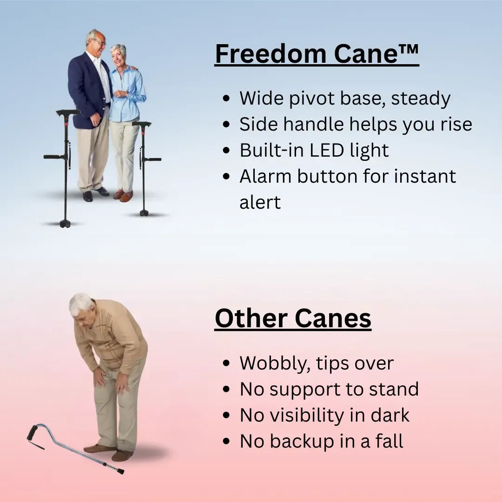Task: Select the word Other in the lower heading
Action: point(251,318)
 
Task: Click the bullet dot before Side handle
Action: point(226,125)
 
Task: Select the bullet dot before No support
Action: point(226,390)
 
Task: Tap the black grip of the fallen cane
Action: point(33,432)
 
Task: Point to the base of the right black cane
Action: point(144,213)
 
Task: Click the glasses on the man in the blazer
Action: point(99,42)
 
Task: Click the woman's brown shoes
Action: point(123,195)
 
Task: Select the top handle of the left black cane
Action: point(68,112)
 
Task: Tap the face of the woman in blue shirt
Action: point(119,54)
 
